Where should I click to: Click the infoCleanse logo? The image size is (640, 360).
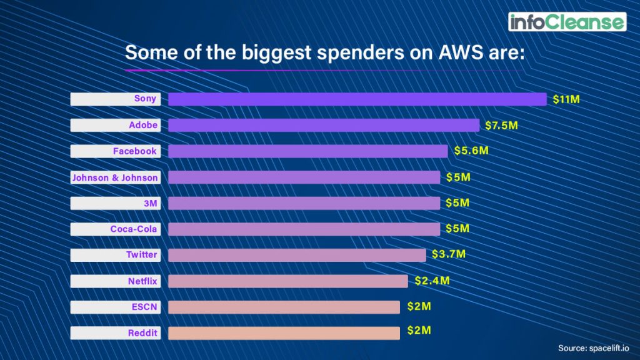coord(567,22)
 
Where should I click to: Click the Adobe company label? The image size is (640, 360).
coord(115,125)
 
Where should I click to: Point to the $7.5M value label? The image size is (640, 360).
coord(501,125)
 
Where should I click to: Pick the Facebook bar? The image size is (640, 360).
coord(307,151)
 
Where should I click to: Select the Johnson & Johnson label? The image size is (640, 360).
coord(115,177)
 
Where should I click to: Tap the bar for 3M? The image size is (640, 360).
coord(304,203)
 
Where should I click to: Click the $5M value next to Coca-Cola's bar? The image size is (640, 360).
coord(457,229)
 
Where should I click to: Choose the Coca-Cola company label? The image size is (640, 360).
coord(115,229)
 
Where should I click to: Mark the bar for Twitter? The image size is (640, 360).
coord(296,255)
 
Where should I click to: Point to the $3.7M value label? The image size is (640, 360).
coord(449,254)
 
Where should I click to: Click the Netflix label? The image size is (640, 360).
coord(115,281)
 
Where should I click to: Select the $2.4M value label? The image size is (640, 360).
coord(432,281)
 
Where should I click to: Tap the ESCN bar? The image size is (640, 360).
coord(284,307)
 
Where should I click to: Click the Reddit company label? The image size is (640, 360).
coord(115,333)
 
